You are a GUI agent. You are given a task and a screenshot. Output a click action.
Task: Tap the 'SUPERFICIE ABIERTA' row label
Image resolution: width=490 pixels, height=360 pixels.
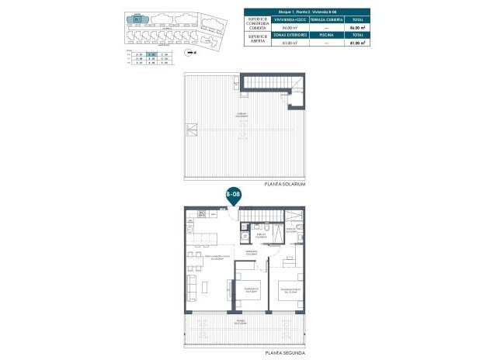click(259, 41)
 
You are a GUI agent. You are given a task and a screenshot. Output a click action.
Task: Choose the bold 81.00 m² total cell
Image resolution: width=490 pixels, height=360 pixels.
click(356, 43)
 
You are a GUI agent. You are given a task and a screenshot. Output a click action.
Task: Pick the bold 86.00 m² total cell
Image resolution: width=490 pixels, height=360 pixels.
click(356, 28)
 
